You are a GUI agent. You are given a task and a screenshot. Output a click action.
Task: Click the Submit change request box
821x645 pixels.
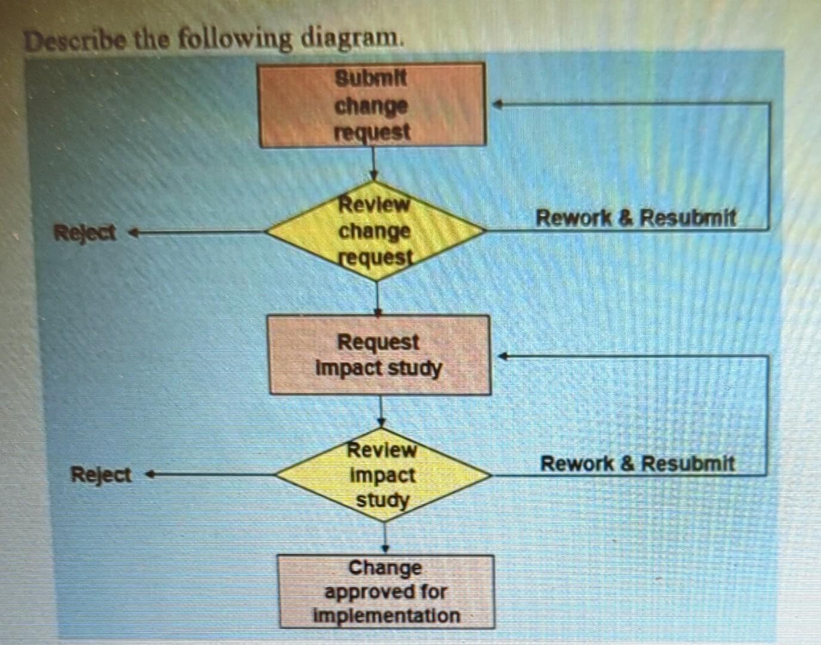(372, 105)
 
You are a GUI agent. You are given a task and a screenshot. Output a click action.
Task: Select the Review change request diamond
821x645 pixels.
(375, 231)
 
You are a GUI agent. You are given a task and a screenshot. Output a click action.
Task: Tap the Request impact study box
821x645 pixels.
(379, 355)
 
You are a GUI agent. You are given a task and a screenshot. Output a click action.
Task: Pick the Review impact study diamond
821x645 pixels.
(383, 475)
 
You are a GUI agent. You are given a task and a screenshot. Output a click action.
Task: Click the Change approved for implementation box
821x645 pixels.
(386, 591)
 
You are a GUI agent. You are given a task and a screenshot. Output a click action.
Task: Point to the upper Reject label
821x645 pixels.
(85, 232)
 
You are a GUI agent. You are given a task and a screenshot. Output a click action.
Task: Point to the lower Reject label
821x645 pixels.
(101, 475)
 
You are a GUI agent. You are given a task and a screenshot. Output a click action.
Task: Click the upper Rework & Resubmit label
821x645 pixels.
(635, 217)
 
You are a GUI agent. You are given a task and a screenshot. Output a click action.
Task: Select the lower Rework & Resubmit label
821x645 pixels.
(637, 463)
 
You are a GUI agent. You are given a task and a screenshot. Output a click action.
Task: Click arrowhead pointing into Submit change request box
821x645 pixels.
(497, 104)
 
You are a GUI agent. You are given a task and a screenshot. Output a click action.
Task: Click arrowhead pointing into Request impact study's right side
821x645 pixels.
(503, 356)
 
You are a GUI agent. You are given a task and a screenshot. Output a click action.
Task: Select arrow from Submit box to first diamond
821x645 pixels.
(374, 162)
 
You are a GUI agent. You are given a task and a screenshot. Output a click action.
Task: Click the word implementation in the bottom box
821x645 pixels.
(386, 616)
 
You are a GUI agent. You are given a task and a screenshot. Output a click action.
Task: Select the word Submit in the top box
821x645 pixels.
(371, 78)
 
